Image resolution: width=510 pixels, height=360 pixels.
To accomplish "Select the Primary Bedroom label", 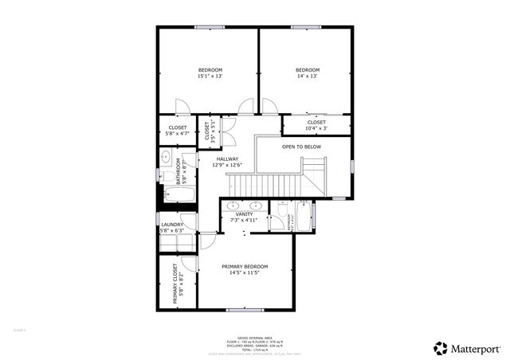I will [x=245, y=266].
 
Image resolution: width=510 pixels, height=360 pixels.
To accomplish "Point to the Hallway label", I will [x=227, y=158].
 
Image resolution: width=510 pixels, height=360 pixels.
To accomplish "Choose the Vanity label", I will [x=245, y=214].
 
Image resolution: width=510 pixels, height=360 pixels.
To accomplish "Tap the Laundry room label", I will [x=172, y=225].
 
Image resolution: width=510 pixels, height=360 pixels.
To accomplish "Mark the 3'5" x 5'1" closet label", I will [x=207, y=131].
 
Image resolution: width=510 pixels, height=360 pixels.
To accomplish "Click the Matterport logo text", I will [x=478, y=348].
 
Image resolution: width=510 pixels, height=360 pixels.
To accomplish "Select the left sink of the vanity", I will [x=233, y=205].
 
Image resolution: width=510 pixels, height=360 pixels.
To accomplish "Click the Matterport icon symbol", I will [x=440, y=348].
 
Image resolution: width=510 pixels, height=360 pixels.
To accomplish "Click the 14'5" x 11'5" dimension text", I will [x=245, y=272].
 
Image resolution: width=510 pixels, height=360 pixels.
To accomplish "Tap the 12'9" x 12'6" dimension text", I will [x=227, y=165].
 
